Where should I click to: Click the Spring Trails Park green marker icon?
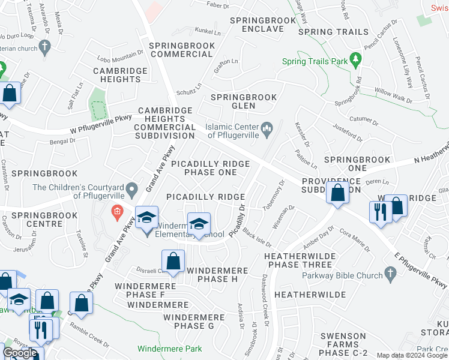coord(357,59)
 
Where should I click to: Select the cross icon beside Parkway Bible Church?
coord(390,275)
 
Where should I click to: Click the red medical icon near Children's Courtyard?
coord(116,211)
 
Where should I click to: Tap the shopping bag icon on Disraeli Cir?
coord(173,262)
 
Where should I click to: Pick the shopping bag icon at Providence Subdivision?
coord(338,193)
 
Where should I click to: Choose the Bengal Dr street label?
coord(63,141)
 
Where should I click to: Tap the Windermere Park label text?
coord(169,349)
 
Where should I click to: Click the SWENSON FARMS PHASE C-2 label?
coord(343,341)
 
